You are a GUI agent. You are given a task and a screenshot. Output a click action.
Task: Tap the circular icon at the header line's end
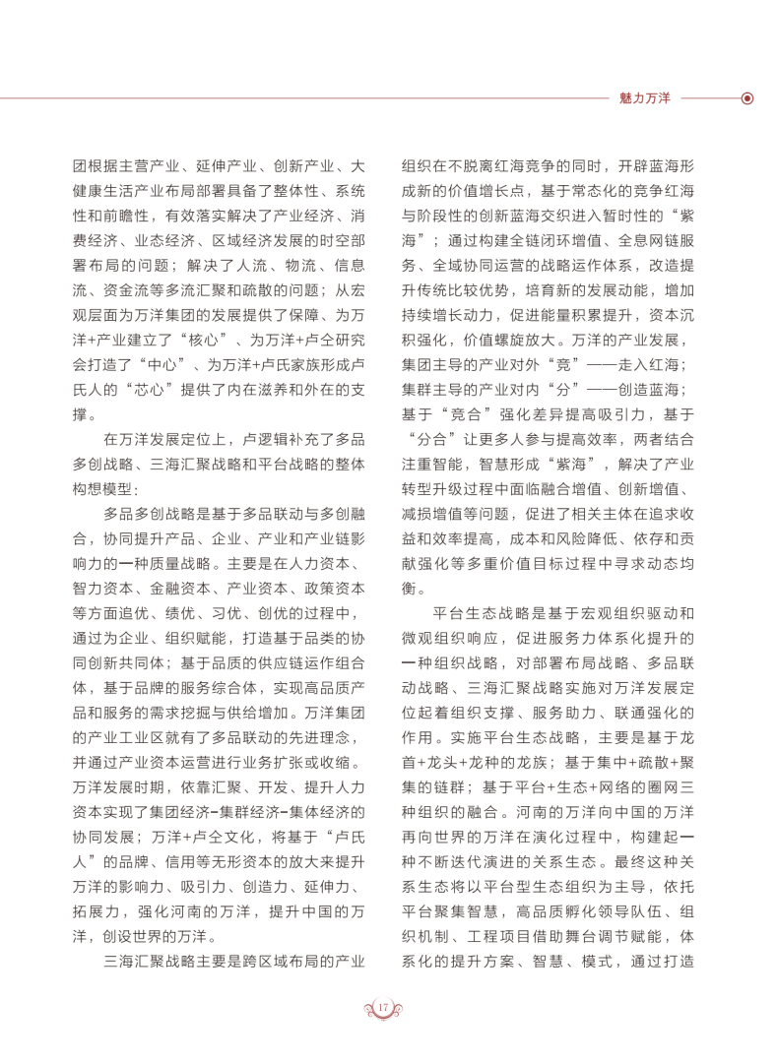(x=747, y=98)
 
